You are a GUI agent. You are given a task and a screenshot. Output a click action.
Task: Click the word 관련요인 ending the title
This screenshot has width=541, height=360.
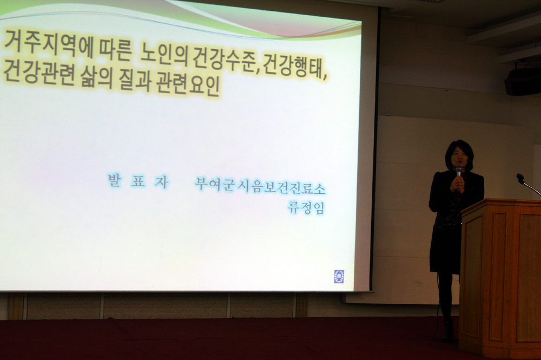click(188, 85)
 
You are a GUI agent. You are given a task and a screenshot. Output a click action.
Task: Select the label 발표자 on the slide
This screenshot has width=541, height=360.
click(138, 181)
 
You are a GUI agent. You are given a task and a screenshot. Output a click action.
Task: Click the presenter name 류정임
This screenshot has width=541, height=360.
click(306, 208)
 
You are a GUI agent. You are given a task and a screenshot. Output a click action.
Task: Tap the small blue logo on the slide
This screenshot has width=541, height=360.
click(339, 276)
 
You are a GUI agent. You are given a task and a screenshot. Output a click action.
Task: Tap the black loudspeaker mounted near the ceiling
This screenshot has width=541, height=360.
click(523, 81)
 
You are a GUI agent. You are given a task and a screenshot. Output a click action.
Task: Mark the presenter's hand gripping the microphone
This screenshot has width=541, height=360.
click(457, 182)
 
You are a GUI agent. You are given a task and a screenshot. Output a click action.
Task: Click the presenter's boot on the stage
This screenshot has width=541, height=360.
click(448, 330)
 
